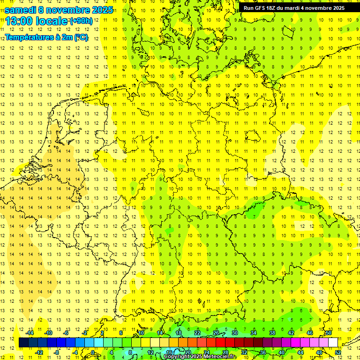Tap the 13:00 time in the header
pyautogui.click(x=21, y=21)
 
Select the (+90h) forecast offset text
pyautogui.click(x=81, y=21)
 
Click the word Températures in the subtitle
pyautogui.click(x=28, y=37)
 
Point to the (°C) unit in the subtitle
pyautogui.click(x=81, y=37)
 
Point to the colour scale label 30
pyautogui.click(x=234, y=333)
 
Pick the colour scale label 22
pyautogui.click(x=197, y=333)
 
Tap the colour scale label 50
pyautogui.click(x=329, y=333)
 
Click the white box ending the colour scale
pyautogui.click(x=333, y=343)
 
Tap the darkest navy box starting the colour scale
pyautogui.click(x=23, y=343)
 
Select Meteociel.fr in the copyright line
pyautogui.click(x=220, y=357)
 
